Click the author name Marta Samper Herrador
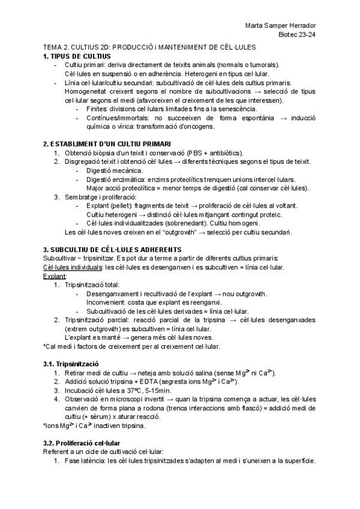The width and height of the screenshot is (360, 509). pos(282,26)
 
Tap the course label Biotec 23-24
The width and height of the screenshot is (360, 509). pos(299,35)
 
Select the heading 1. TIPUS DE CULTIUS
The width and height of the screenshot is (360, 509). pos(77,56)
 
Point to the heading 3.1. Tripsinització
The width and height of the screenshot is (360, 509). pos(71,364)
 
